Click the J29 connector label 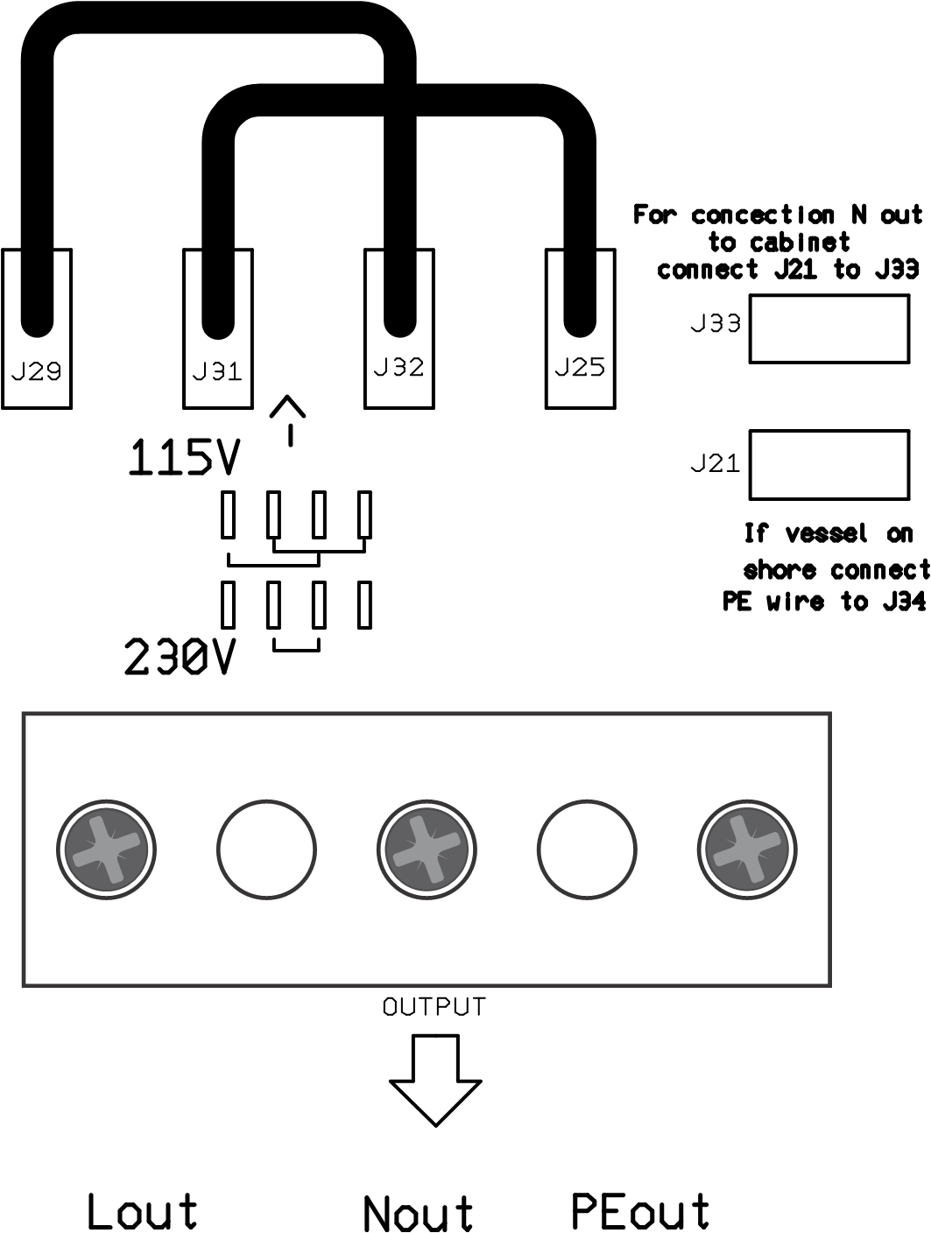click(x=36, y=371)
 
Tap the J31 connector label click(x=216, y=371)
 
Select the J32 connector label click(x=398, y=366)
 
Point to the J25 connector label click(x=579, y=366)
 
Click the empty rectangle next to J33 click(x=829, y=329)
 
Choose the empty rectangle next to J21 click(x=829, y=464)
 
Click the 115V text click(x=183, y=458)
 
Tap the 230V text click(x=180, y=658)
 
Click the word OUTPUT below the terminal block click(x=434, y=1007)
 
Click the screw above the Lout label click(x=106, y=849)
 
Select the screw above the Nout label click(x=427, y=849)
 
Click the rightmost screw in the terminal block click(x=748, y=849)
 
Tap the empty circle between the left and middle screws click(x=266, y=849)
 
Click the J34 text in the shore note click(x=905, y=602)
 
